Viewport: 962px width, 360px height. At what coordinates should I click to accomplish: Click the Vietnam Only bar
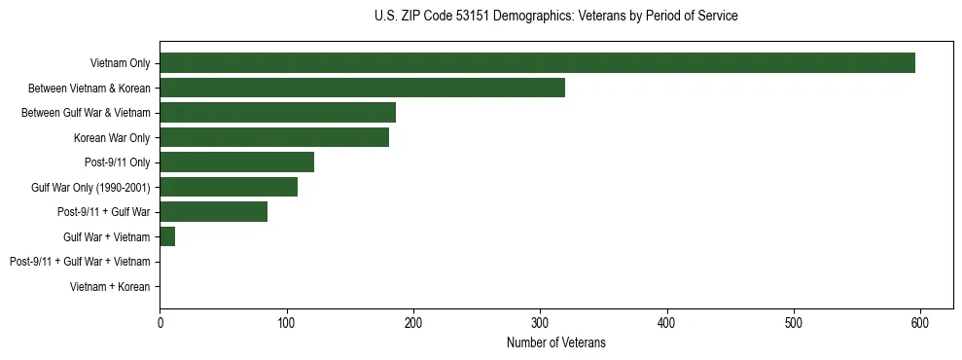(537, 63)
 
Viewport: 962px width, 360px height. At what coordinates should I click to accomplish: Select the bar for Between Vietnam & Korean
(362, 88)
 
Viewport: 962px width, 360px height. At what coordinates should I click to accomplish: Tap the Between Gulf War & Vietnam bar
(277, 113)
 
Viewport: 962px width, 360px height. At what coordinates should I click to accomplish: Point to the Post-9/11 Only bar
(236, 162)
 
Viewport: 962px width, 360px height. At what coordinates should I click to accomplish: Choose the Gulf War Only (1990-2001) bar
(229, 187)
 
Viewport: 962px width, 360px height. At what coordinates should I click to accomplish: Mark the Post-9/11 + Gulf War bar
(213, 212)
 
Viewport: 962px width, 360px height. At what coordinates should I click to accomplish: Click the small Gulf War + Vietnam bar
(167, 236)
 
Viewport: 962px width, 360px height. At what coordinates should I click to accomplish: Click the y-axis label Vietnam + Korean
(110, 287)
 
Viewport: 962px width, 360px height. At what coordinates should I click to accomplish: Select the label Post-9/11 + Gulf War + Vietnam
(80, 262)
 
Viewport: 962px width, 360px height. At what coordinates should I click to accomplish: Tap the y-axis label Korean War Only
(112, 138)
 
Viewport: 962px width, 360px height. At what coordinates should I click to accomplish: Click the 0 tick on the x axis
(160, 323)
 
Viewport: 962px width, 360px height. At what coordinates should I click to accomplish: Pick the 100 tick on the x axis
(286, 323)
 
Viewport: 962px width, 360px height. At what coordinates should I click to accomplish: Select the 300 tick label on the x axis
(540, 323)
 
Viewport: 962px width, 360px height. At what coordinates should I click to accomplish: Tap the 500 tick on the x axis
(794, 323)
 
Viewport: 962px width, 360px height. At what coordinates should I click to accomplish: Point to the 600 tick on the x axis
(920, 323)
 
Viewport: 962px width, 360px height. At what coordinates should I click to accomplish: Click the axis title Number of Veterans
(555, 342)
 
